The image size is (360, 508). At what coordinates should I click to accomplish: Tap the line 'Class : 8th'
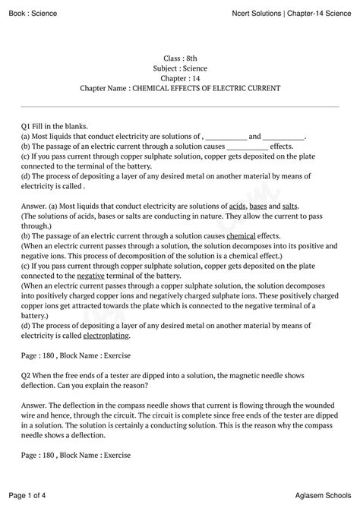click(x=180, y=58)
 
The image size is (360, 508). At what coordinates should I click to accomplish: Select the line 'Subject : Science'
click(x=180, y=68)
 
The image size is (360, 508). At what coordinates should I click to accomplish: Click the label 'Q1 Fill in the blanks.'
click(x=55, y=125)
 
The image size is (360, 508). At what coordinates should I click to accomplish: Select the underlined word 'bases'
click(x=258, y=206)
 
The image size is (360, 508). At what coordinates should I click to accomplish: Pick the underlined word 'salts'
click(x=289, y=206)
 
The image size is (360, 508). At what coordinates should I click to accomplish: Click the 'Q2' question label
click(x=27, y=374)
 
